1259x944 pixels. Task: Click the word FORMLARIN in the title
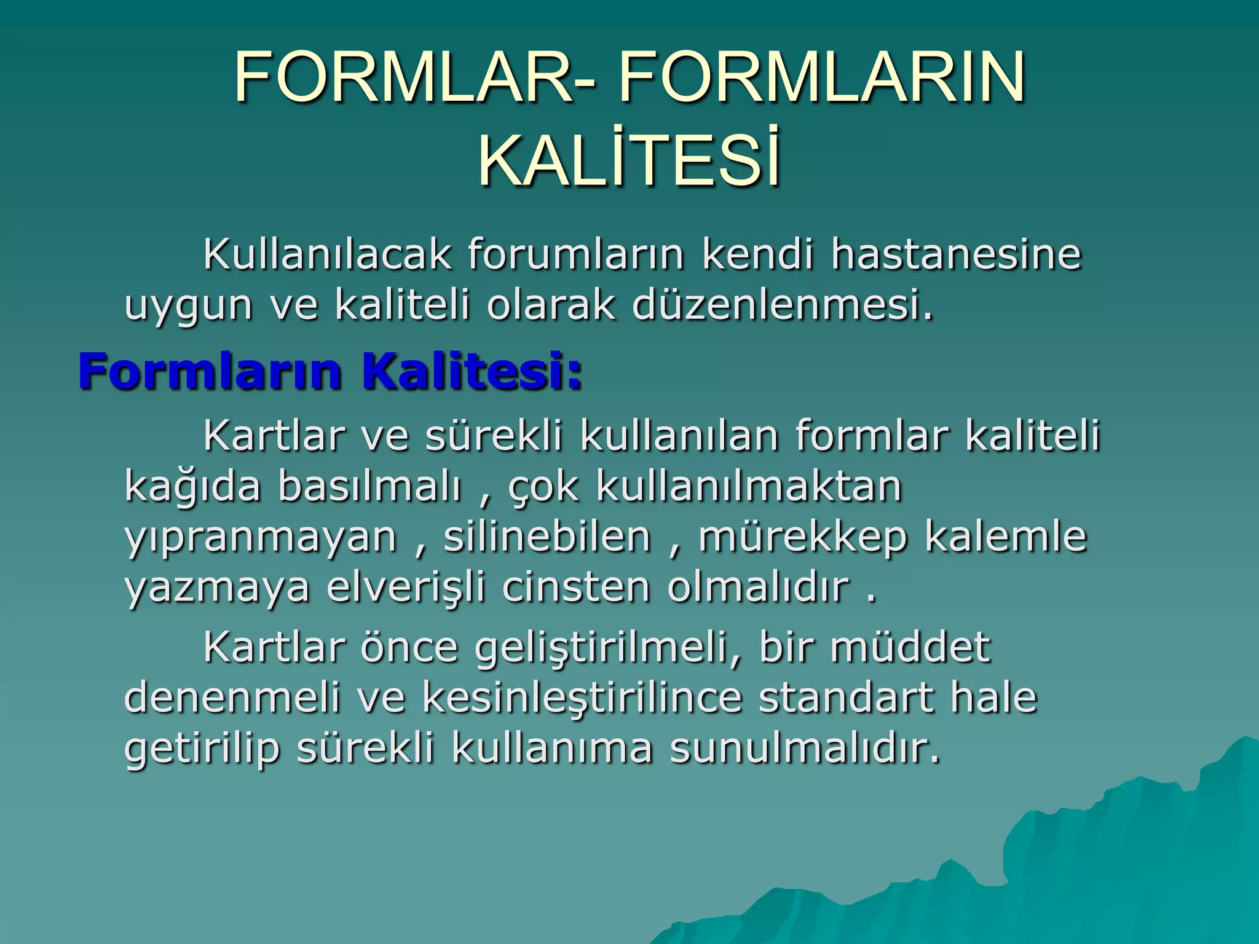(822, 78)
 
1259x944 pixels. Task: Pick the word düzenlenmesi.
(782, 305)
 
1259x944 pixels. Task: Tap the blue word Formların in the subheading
(210, 372)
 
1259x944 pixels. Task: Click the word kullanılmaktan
(749, 487)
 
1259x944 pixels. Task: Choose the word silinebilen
(547, 537)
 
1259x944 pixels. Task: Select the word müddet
(910, 647)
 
